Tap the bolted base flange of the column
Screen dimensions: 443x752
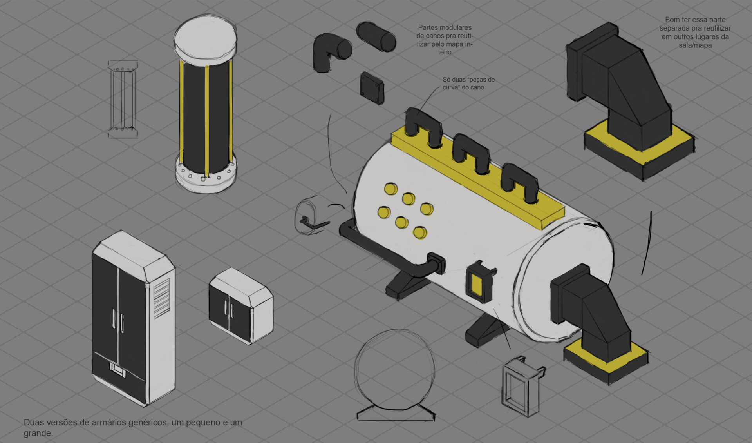[205, 177]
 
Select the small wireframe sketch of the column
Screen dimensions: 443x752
[123, 99]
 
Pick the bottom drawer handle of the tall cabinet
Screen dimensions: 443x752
[117, 370]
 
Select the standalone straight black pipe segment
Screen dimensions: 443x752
[376, 36]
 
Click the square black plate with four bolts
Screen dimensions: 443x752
[372, 88]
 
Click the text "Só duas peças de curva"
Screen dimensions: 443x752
[468, 83]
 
